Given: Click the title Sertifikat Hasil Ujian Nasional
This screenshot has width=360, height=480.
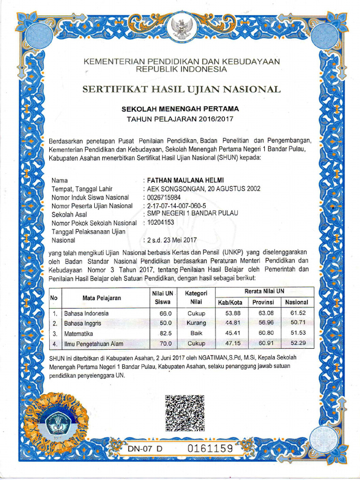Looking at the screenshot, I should pos(181,89).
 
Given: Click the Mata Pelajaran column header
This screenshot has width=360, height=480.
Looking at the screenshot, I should pos(102,298).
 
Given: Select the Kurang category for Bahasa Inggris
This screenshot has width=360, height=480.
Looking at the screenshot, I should pos(196,323).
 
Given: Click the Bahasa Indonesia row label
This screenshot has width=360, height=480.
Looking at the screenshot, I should pos(87,313).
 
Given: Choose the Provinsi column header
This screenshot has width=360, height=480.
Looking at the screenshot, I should pos(263,302).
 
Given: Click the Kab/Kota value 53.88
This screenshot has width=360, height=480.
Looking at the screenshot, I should pos(233,313).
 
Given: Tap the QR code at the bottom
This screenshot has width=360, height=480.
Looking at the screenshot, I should pos(185,413).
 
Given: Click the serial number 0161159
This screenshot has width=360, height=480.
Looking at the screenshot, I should pos(210,448).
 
